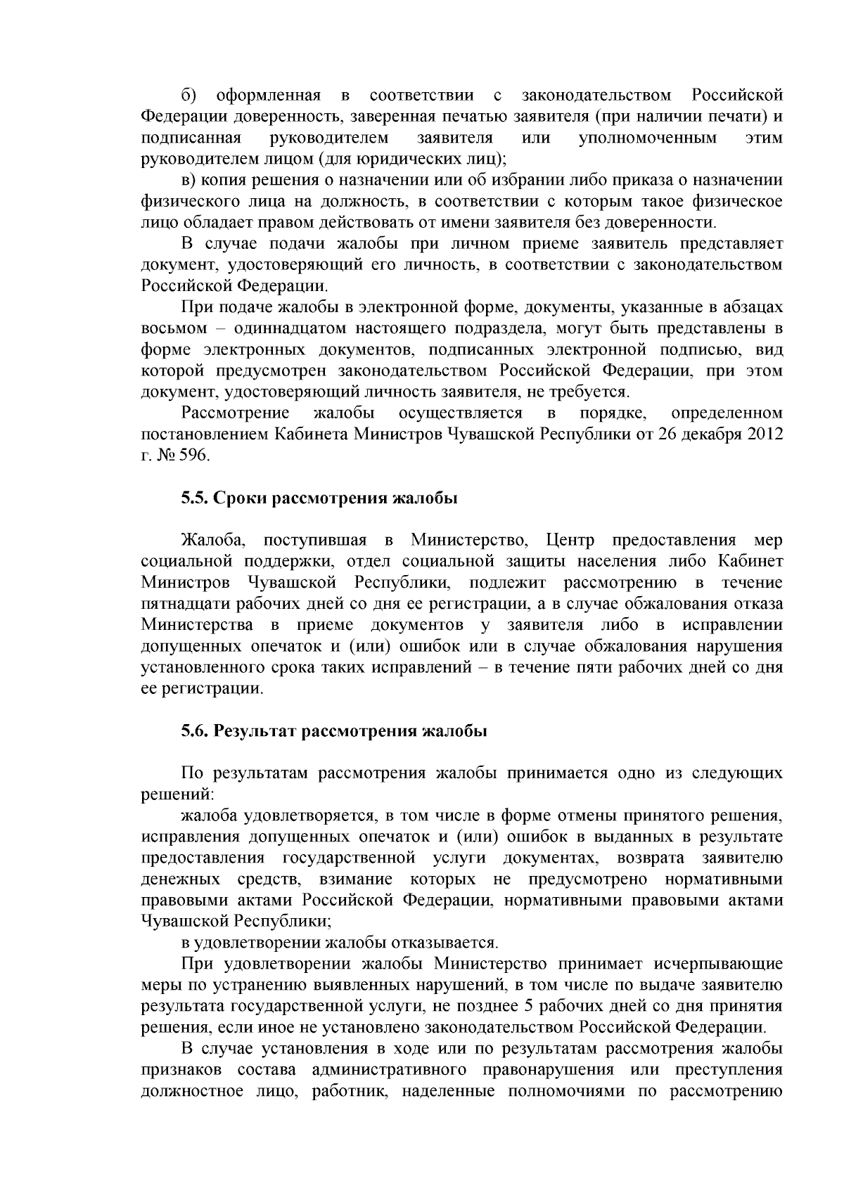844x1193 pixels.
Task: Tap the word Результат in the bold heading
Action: pos(255,731)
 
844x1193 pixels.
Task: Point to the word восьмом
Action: pos(173,328)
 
